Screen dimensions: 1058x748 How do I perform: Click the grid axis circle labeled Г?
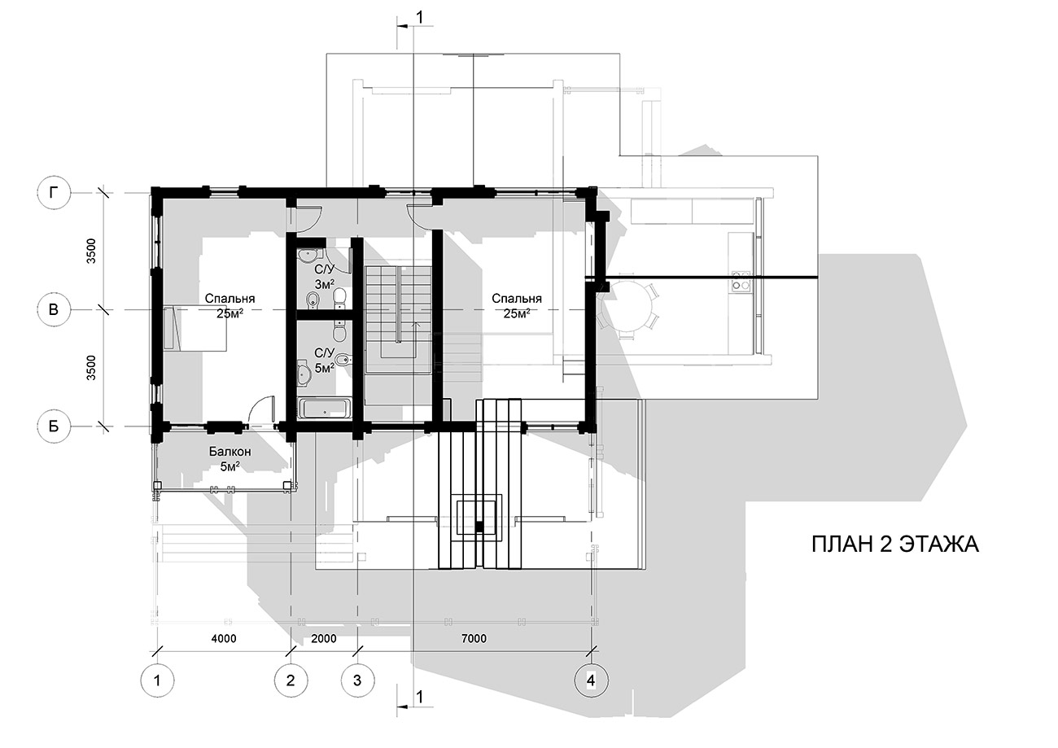tap(54, 193)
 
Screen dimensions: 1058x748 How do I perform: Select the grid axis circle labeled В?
tap(54, 309)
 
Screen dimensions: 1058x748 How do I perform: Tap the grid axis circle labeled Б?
tap(54, 426)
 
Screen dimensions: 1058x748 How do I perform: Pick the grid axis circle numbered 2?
tap(291, 680)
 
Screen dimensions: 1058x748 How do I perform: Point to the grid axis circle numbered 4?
tap(592, 680)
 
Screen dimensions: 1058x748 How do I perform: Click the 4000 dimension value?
tap(224, 639)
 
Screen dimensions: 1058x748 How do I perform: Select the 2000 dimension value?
tap(324, 639)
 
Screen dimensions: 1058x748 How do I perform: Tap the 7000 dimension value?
tap(474, 639)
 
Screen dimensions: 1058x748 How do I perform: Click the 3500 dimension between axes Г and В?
tap(91, 251)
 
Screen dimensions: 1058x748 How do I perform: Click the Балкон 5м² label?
tap(230, 459)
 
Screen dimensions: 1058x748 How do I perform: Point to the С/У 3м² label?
tap(325, 277)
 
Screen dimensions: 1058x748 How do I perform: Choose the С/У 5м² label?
tap(325, 361)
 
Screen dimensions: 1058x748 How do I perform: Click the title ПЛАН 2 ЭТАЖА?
tap(895, 545)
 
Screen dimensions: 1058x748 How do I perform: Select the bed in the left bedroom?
tap(195, 329)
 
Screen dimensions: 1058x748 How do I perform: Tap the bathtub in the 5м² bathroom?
tap(326, 409)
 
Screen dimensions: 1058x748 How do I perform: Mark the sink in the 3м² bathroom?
tap(309, 255)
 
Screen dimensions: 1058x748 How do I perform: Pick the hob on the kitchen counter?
tap(741, 280)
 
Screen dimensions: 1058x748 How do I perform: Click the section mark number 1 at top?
tap(419, 17)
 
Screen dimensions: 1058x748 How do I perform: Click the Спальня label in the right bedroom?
tap(516, 299)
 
